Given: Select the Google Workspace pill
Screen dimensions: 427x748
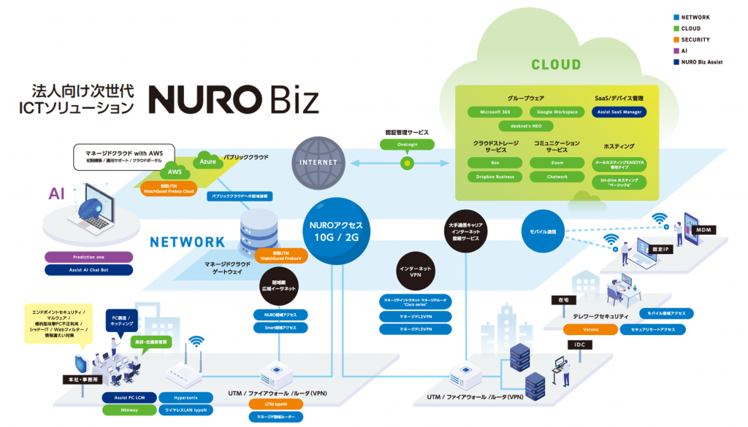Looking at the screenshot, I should [x=557, y=112].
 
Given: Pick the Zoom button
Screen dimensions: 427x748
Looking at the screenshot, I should [x=557, y=162].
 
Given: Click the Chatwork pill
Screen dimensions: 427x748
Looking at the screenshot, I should [x=557, y=177].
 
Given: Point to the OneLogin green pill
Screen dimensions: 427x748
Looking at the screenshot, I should [x=407, y=145].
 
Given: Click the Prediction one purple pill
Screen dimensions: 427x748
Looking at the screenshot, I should [x=88, y=257].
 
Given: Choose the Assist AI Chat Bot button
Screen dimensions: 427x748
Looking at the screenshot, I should [x=88, y=269].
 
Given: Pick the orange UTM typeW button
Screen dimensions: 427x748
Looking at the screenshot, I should [x=275, y=404].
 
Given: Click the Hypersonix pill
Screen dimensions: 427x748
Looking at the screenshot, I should [x=185, y=398].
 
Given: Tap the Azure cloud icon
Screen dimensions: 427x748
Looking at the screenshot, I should [x=208, y=161].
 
